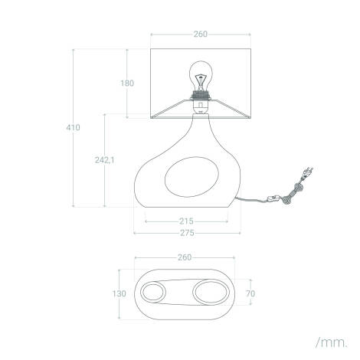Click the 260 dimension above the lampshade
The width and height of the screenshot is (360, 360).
tap(199, 34)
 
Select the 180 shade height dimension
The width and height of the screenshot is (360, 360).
tap(126, 83)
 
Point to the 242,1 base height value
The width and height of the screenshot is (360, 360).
tap(104, 160)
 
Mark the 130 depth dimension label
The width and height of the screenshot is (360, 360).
tap(119, 293)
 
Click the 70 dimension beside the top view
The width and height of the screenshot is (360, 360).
tap(250, 293)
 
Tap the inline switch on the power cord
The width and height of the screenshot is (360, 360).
tap(271, 201)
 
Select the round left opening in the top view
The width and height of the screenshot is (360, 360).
tap(152, 293)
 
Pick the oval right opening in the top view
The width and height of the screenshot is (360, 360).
tap(210, 293)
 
